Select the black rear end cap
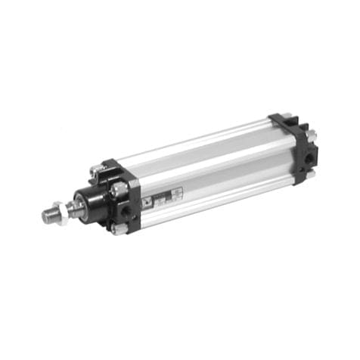coord(291,147)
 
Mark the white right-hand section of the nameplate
coord(176,194)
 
